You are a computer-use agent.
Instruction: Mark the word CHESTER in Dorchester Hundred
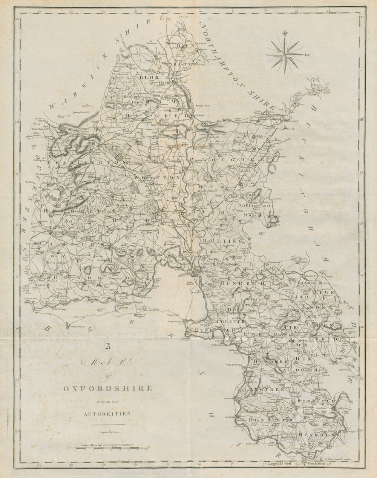pyautogui.click(x=230, y=322)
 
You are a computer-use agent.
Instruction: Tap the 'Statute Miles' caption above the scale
pyautogui.click(x=92, y=445)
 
